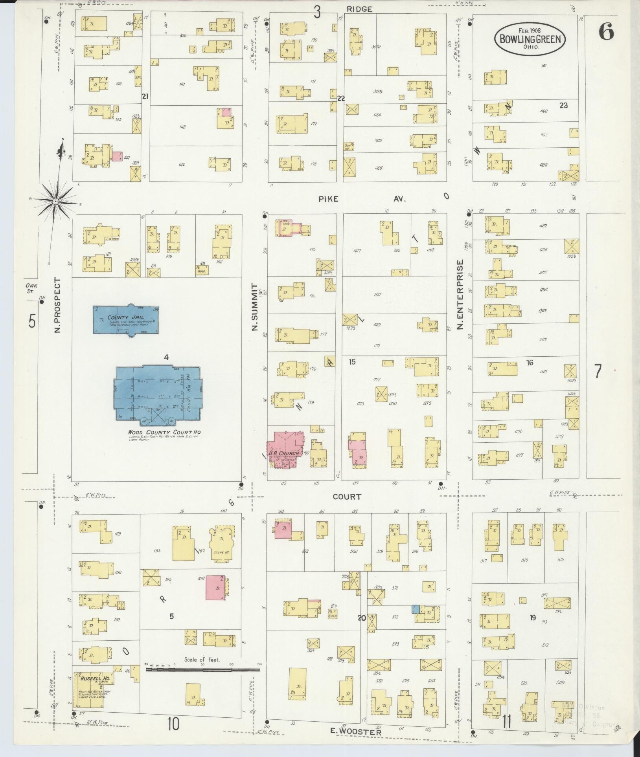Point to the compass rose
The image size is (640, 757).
pyautogui.click(x=55, y=201)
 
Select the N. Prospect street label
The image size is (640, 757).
pyautogui.click(x=58, y=305)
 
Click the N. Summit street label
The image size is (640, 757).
pyautogui.click(x=255, y=307)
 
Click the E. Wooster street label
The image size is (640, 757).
pyautogui.click(x=356, y=733)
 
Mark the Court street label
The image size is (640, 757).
pyautogui.click(x=347, y=497)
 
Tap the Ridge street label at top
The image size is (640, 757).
pyautogui.click(x=359, y=9)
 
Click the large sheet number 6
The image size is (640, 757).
pyautogui.click(x=605, y=32)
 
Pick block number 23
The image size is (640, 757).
pyautogui.click(x=563, y=105)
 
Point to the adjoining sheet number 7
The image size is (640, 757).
pyautogui.click(x=598, y=371)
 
